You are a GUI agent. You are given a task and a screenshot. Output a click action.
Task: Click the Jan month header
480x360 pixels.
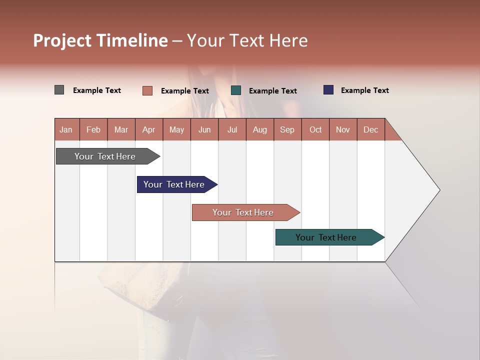pyautogui.click(x=66, y=129)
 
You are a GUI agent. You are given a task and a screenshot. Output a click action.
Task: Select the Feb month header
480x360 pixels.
pyautogui.click(x=93, y=129)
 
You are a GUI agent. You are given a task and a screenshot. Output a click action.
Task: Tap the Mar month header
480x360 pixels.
pyautogui.click(x=121, y=129)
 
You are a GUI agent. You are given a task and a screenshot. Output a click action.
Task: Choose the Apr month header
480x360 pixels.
pyautogui.click(x=149, y=129)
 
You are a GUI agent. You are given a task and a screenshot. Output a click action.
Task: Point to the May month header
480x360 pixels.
pyautogui.click(x=176, y=129)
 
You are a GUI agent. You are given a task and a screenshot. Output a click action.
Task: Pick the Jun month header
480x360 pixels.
pyautogui.click(x=204, y=129)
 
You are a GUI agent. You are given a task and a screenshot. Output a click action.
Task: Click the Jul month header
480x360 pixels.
pyautogui.click(x=232, y=129)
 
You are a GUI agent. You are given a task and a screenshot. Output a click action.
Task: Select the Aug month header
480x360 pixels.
pyautogui.click(x=260, y=129)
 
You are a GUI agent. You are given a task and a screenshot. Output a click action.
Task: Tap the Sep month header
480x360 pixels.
pyautogui.click(x=287, y=129)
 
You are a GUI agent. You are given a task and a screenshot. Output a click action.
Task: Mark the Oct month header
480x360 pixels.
pyautogui.click(x=315, y=129)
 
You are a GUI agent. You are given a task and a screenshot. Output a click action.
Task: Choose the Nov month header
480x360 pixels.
pyautogui.click(x=343, y=129)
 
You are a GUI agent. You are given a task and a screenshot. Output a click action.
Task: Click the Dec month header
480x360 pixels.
pyautogui.click(x=371, y=129)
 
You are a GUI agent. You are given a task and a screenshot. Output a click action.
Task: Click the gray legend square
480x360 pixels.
pyautogui.click(x=59, y=90)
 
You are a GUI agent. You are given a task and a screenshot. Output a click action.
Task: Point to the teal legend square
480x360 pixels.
pyautogui.click(x=236, y=90)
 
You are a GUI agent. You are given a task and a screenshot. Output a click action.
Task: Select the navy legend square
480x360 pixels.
pyautogui.click(x=328, y=90)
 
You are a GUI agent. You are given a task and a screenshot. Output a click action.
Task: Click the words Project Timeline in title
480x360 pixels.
pyautogui.click(x=100, y=40)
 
